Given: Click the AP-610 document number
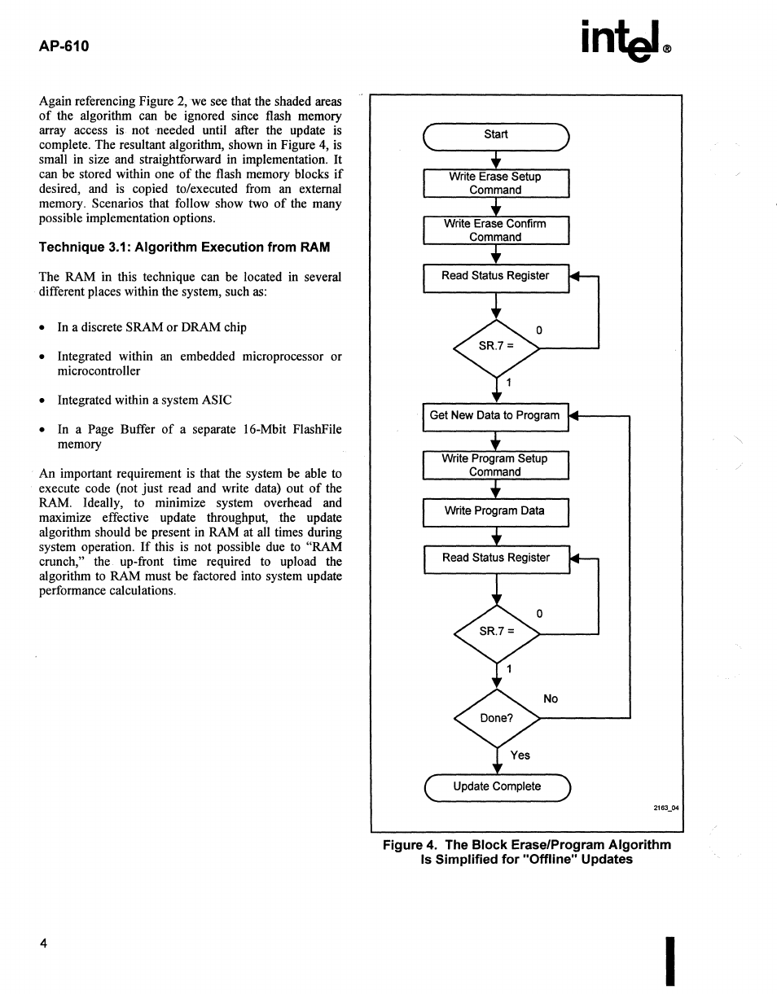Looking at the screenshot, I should tap(64, 46).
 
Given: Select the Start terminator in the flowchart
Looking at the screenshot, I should tap(495, 135).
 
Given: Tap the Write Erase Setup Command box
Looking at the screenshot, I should tap(495, 183).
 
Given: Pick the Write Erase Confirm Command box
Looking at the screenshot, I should tap(495, 230).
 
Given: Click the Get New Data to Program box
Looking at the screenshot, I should tap(495, 416).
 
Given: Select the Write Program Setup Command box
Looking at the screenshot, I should tap(495, 466).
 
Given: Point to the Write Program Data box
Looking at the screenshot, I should tap(495, 512).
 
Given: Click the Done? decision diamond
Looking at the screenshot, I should tap(497, 718).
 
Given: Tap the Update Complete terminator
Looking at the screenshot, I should tap(497, 787).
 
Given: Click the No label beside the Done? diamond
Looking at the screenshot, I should tap(551, 699).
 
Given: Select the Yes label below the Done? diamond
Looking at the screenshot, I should tap(520, 755).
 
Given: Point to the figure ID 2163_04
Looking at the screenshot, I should tap(665, 808).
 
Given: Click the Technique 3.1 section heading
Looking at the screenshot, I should tap(184, 247).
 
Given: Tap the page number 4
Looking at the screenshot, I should tap(43, 944).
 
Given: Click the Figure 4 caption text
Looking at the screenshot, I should tap(527, 852).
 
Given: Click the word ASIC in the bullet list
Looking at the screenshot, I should tap(217, 401).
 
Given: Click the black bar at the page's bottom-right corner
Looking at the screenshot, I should tap(670, 961).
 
